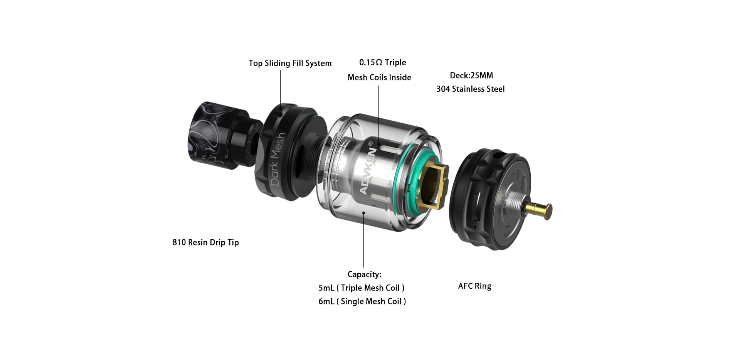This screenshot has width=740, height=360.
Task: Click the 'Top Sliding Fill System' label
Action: click(x=290, y=63)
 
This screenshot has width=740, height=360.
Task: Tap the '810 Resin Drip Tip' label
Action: click(x=205, y=242)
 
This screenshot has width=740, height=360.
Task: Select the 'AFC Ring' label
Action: click(x=474, y=286)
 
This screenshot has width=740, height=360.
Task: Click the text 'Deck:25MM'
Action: click(x=471, y=76)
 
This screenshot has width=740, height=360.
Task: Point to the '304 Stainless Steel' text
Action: click(x=470, y=89)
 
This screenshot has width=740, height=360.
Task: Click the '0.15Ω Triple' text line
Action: click(x=382, y=62)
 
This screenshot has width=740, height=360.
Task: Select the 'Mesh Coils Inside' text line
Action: click(x=379, y=77)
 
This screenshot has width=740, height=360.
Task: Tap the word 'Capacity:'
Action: click(x=364, y=274)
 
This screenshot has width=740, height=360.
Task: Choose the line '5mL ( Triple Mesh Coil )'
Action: click(x=362, y=288)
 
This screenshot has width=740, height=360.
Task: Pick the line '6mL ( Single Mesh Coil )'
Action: click(x=362, y=301)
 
